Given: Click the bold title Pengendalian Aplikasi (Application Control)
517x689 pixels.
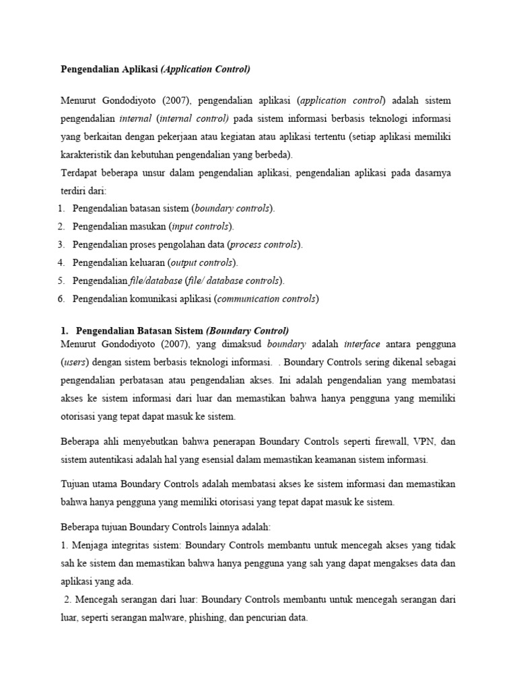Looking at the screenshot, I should coord(156,69).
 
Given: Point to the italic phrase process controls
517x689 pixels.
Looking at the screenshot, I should coord(265,244).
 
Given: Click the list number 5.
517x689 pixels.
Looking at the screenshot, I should coord(61,281).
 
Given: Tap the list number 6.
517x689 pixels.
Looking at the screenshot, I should coord(61,299).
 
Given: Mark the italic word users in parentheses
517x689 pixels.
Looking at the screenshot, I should coord(74,363).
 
